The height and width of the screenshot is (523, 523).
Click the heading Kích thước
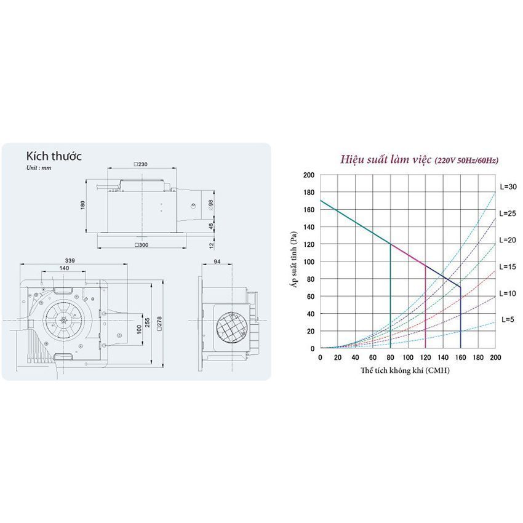pos(54,156)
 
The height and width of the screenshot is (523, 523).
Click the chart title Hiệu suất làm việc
pos(386,160)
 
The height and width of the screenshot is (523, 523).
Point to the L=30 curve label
pos(508,187)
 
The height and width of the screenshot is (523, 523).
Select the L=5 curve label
pos(508,319)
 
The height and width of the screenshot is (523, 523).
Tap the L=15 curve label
pos(508,267)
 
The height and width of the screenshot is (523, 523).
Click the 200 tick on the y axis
pos(308,175)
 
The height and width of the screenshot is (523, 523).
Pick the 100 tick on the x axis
pos(408,357)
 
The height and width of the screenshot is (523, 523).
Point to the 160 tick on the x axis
pos(461,357)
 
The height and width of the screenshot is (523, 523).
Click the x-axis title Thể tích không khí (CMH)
pos(405,370)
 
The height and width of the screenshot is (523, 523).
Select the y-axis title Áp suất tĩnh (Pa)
pos(294,260)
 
